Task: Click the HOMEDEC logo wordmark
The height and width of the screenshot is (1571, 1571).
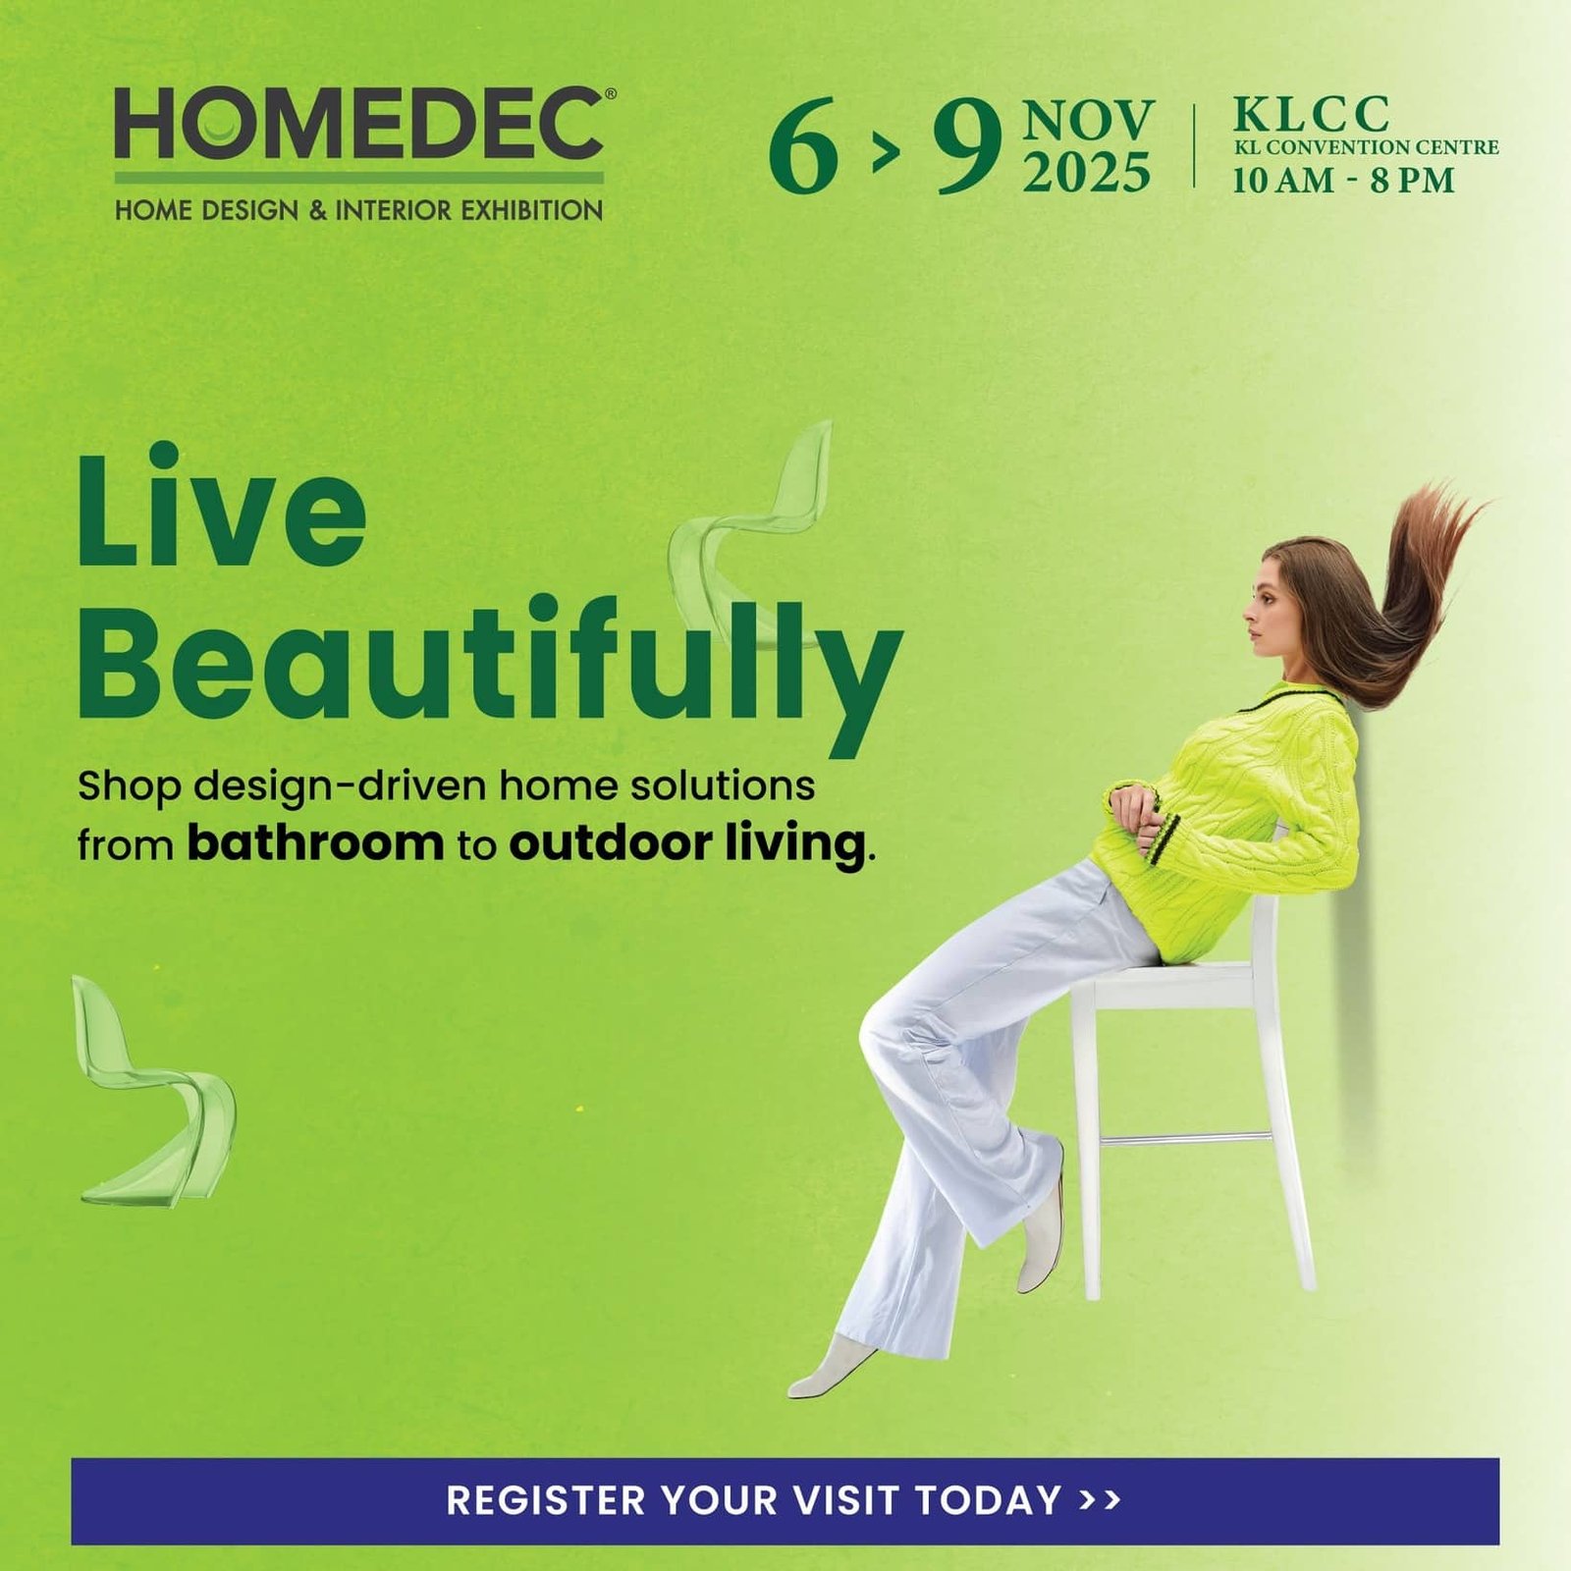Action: click(x=360, y=123)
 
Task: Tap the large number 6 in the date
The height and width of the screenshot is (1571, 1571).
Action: click(x=803, y=145)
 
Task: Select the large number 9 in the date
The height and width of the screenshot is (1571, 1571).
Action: click(x=967, y=145)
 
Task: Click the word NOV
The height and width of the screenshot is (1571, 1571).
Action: click(x=1088, y=121)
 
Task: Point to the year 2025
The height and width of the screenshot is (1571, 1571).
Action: click(x=1087, y=172)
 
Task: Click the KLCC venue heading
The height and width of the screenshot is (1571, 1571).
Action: click(x=1311, y=114)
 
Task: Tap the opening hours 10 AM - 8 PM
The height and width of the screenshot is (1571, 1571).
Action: click(x=1343, y=181)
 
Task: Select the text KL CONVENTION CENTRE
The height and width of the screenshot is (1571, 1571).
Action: click(x=1366, y=147)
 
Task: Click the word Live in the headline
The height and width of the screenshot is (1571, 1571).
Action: click(x=222, y=506)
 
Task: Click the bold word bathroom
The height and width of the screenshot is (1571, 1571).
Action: click(x=315, y=842)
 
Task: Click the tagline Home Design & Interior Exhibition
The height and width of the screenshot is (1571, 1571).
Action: click(x=359, y=210)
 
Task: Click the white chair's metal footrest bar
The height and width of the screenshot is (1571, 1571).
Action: click(x=1186, y=1139)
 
